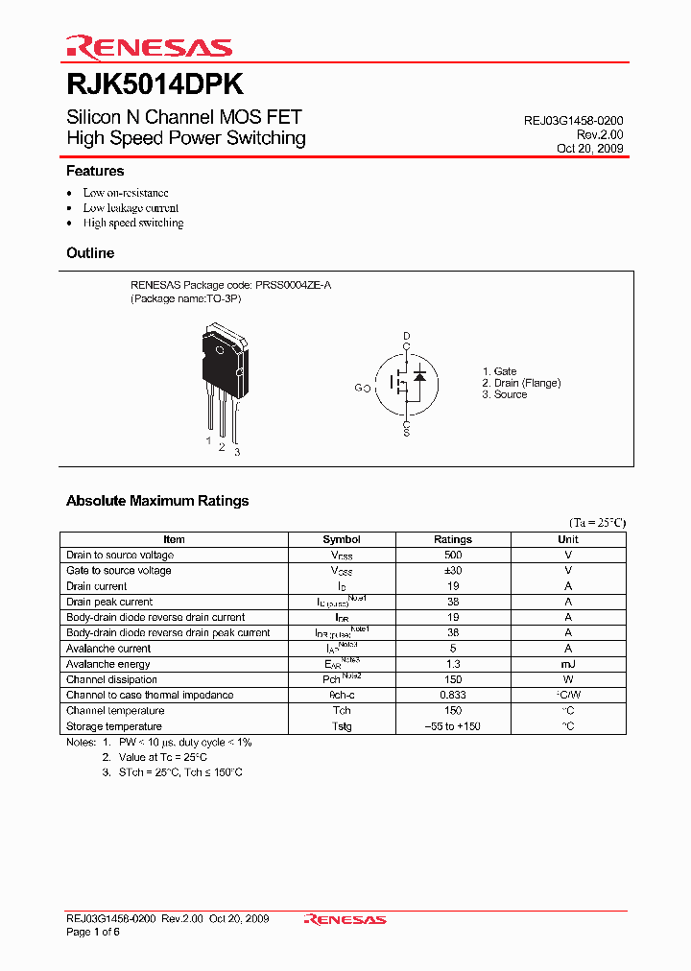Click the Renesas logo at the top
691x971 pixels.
149,47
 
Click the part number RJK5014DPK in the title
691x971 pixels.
154,84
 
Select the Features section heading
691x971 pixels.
95,171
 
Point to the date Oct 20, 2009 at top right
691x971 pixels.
589,150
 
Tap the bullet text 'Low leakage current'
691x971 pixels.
131,207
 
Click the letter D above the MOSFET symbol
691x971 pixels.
406,336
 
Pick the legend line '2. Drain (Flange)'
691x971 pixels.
521,383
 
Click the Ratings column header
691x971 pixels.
453,539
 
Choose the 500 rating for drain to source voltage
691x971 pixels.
453,555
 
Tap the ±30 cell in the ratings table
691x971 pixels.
453,570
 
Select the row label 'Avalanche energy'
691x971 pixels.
108,664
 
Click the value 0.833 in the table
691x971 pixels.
453,695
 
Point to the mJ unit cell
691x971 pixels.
568,664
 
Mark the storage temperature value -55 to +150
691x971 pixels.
453,726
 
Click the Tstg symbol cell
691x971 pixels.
342,726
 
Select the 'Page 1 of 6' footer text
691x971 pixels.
93,933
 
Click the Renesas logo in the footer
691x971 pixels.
345,920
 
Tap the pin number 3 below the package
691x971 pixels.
237,452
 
